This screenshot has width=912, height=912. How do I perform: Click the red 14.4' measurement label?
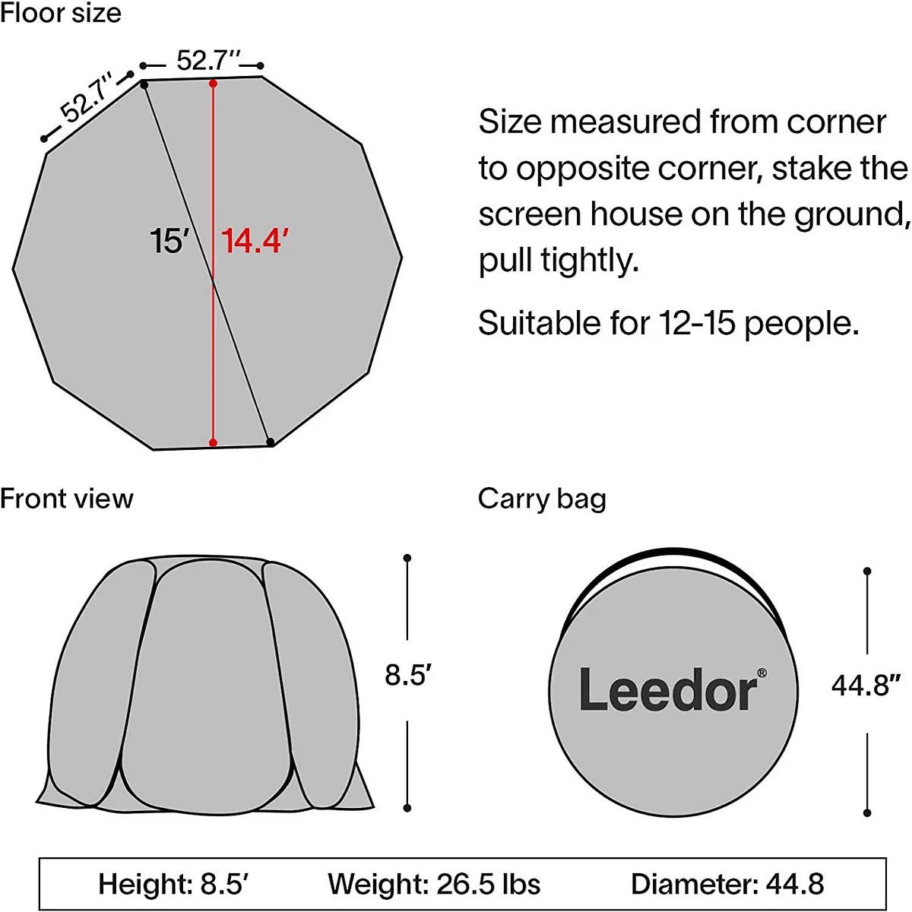pyautogui.click(x=255, y=240)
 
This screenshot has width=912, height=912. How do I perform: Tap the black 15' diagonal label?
pyautogui.click(x=169, y=240)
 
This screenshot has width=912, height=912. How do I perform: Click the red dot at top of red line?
pyautogui.click(x=213, y=84)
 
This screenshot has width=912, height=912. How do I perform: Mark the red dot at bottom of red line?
pyautogui.click(x=213, y=442)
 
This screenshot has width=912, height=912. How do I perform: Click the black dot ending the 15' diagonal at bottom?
pyautogui.click(x=271, y=442)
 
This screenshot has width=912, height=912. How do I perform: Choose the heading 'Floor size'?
pyautogui.click(x=61, y=12)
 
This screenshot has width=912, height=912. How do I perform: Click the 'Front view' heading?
pyautogui.click(x=67, y=499)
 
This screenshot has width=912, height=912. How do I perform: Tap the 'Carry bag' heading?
pyautogui.click(x=542, y=500)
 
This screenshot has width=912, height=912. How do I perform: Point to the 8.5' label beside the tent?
pyautogui.click(x=408, y=675)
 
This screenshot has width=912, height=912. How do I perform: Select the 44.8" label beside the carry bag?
pyautogui.click(x=866, y=685)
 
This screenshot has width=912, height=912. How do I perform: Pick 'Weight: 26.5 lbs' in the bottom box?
pyautogui.click(x=434, y=884)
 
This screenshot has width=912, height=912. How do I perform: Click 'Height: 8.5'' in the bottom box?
pyautogui.click(x=174, y=884)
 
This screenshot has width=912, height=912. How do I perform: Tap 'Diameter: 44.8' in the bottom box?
pyautogui.click(x=727, y=884)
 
